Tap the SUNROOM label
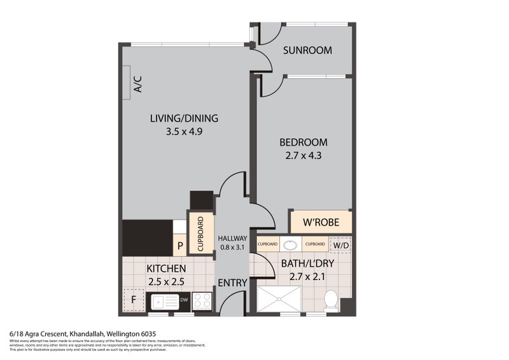[307, 50]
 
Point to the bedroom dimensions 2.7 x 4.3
[303, 155]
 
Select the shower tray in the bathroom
[279, 299]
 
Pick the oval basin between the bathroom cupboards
[292, 244]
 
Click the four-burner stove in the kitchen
[202, 300]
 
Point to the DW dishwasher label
[183, 300]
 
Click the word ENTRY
[233, 283]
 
